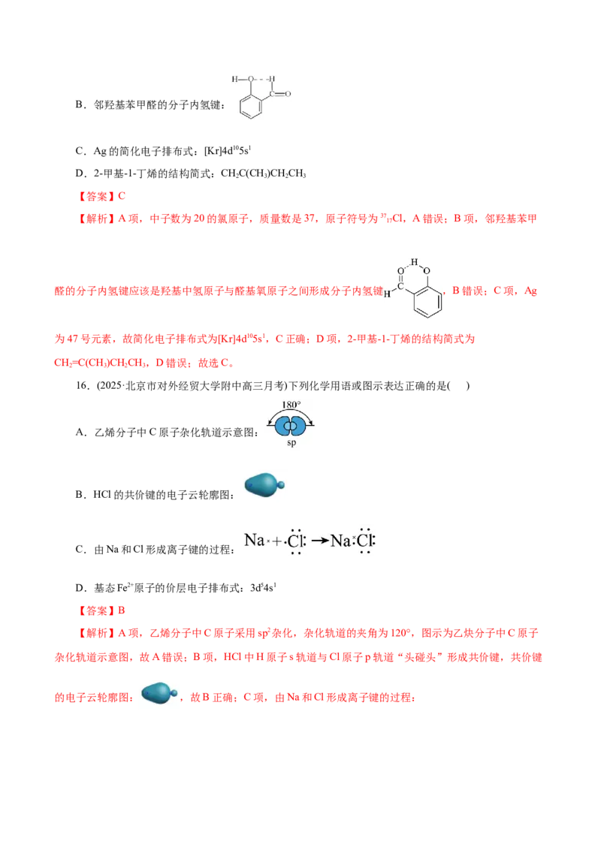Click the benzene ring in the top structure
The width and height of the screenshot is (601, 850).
(x=250, y=106)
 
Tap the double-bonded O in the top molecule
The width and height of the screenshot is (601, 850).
(x=288, y=95)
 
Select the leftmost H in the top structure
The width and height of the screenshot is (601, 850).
(x=234, y=78)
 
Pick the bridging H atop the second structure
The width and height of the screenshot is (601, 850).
(x=413, y=262)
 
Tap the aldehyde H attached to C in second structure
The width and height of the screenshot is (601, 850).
(x=387, y=294)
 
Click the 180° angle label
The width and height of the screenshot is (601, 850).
(x=290, y=404)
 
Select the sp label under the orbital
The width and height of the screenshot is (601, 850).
(x=288, y=443)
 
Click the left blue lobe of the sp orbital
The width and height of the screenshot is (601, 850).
(x=281, y=426)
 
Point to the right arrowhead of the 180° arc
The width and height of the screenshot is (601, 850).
(x=310, y=424)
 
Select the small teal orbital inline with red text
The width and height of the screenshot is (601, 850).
(x=156, y=693)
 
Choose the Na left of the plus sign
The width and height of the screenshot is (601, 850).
(x=254, y=540)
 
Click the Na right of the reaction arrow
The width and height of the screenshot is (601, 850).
(x=341, y=541)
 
